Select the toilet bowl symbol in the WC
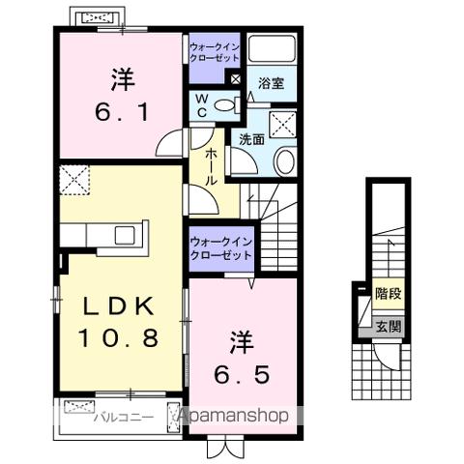[x=223, y=106]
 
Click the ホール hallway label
[x=208, y=166]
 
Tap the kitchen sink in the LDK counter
[x=125, y=235]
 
